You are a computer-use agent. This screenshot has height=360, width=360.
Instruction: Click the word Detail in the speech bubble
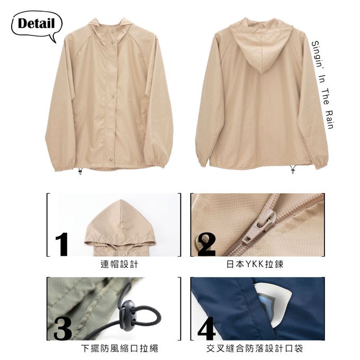point(37,23)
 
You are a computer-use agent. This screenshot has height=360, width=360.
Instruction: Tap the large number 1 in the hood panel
point(62,244)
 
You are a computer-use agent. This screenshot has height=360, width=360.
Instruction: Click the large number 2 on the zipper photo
point(206,245)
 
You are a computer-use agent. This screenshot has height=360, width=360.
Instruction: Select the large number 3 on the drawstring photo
point(62,328)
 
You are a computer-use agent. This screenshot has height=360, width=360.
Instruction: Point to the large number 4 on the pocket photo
point(206,328)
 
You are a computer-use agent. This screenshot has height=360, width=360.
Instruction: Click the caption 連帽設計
point(120,264)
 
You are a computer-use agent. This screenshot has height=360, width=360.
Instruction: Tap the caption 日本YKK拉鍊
point(255,264)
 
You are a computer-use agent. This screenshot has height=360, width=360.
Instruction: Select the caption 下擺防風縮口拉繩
point(120,348)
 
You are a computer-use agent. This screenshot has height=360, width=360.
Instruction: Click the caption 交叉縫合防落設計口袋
point(255,348)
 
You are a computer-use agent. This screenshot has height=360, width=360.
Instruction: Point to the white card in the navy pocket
point(273,303)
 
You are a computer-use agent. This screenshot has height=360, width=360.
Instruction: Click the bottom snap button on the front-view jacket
point(111,159)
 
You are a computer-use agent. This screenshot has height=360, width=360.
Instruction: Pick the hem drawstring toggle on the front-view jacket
point(80,171)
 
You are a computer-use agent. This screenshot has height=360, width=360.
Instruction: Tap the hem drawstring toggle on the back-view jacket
point(293,169)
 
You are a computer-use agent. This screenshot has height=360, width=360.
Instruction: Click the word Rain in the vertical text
point(330,120)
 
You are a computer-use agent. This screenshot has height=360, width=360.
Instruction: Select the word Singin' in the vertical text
point(317,53)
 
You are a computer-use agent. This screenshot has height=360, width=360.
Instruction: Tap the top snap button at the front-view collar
point(113,33)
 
